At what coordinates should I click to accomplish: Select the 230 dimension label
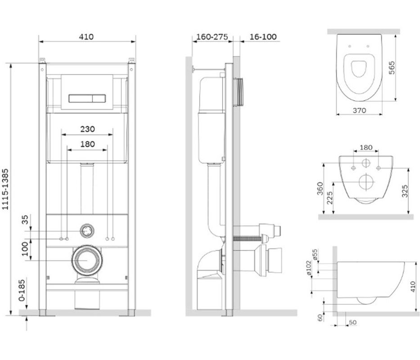[x=87, y=129]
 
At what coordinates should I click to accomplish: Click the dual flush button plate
[x=87, y=97]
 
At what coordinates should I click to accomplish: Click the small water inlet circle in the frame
[x=86, y=231]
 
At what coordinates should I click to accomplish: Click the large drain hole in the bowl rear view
[x=366, y=184]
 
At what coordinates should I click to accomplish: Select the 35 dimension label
[x=25, y=220]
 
